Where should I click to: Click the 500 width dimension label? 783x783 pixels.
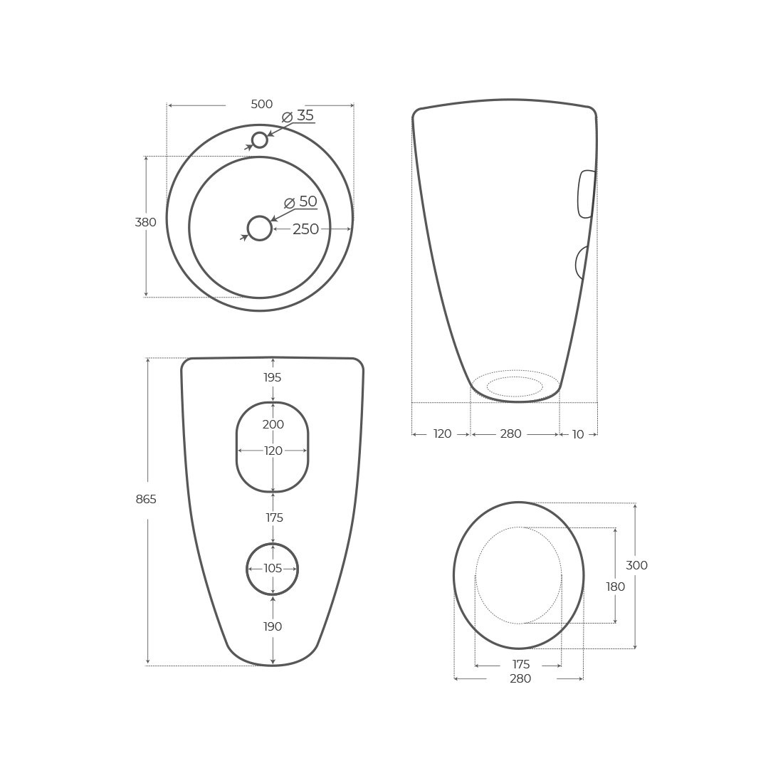[261, 105]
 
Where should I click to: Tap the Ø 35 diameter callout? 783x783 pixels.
[299, 116]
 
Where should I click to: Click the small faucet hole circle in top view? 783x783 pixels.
[260, 140]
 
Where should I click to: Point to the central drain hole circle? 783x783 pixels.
[260, 228]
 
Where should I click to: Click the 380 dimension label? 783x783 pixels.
[145, 223]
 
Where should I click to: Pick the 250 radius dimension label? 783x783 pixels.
[305, 229]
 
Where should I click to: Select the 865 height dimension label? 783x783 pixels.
[146, 500]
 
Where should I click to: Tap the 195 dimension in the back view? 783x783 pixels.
[273, 378]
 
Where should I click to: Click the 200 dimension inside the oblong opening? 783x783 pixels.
[273, 425]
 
